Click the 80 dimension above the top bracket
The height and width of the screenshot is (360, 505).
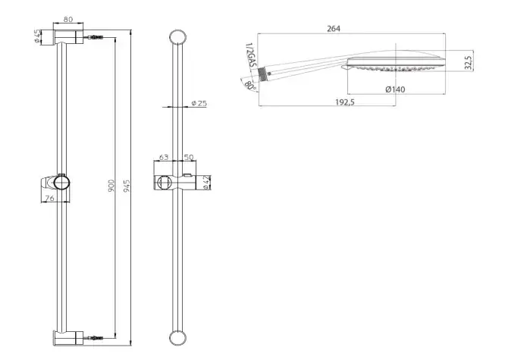click(x=68, y=19)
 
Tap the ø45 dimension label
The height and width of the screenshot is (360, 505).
click(x=37, y=36)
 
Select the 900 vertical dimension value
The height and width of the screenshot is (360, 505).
click(x=111, y=186)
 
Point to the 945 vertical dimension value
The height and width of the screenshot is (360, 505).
click(x=127, y=186)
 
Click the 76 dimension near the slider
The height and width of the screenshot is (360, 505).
click(x=49, y=198)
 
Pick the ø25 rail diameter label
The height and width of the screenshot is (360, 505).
click(x=199, y=103)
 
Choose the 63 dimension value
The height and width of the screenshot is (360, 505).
click(x=164, y=157)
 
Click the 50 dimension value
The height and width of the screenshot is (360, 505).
click(x=188, y=157)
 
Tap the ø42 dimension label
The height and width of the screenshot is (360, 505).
click(x=207, y=183)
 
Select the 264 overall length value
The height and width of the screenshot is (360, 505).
click(x=334, y=29)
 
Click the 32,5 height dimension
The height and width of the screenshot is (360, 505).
click(x=468, y=62)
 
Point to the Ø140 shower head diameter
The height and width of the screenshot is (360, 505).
click(x=395, y=89)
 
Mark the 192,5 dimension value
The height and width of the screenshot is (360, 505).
click(x=345, y=102)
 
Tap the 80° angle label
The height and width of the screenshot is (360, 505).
click(x=250, y=86)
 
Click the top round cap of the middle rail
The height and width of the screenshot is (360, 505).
click(x=177, y=38)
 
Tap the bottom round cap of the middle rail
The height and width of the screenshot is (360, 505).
click(x=177, y=338)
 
